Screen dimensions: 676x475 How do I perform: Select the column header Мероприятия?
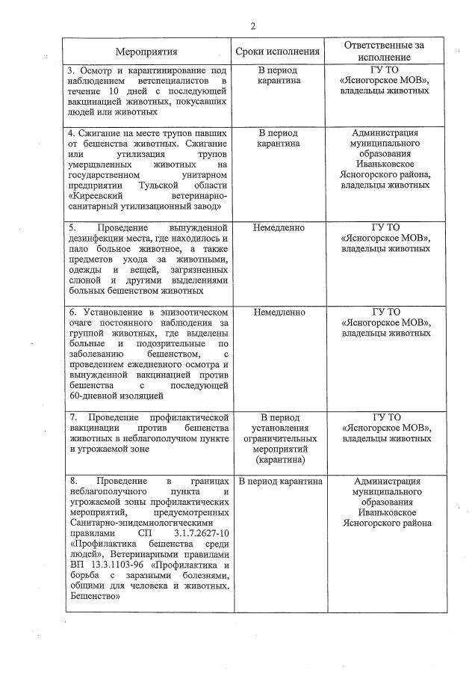coord(146,52)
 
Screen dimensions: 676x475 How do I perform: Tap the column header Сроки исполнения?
coord(277,52)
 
